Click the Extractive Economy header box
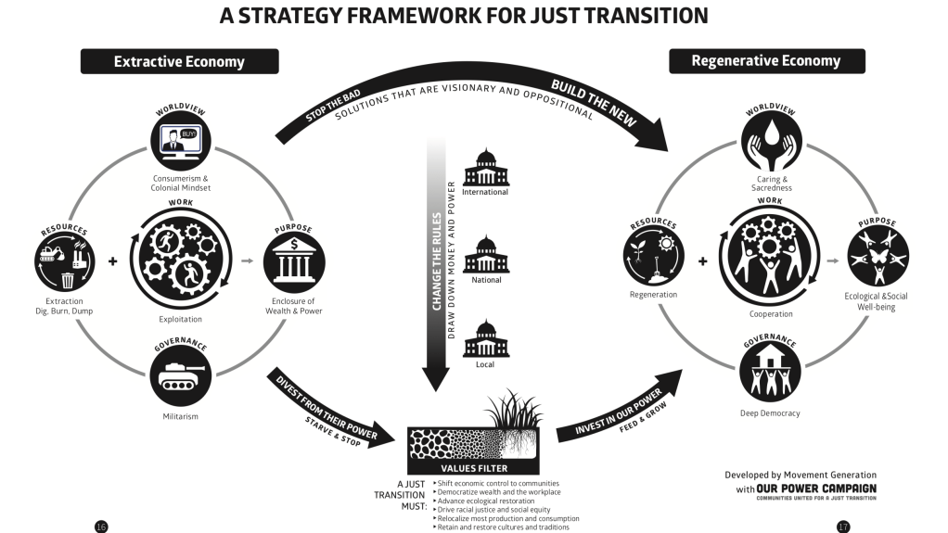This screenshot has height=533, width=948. (x=179, y=62)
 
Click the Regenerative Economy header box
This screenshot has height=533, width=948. (x=766, y=61)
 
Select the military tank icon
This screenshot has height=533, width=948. (x=179, y=375)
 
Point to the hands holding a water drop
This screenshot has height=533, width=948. (x=771, y=140)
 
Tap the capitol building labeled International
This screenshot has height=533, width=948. (x=486, y=167)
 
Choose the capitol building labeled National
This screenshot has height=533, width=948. (x=486, y=254)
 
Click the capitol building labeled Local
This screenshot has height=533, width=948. (x=486, y=339)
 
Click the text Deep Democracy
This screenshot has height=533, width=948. (x=770, y=412)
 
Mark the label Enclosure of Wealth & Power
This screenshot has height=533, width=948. (x=294, y=306)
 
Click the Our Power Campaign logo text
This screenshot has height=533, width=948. (x=817, y=488)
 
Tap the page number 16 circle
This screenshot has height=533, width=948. (x=101, y=527)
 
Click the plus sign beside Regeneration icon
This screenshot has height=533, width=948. (x=702, y=260)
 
